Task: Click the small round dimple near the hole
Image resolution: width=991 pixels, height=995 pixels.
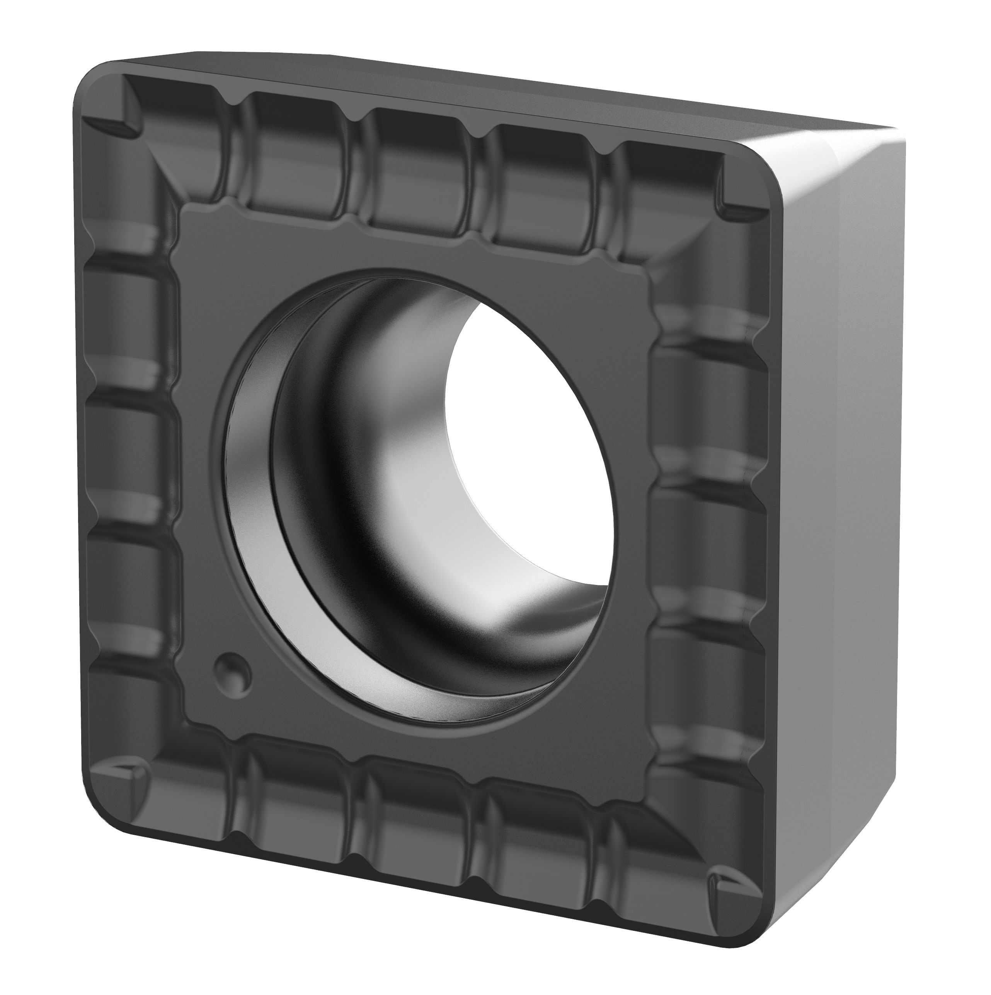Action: pyautogui.click(x=233, y=672)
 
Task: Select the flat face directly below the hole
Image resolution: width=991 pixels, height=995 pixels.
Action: pyautogui.click(x=422, y=742)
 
